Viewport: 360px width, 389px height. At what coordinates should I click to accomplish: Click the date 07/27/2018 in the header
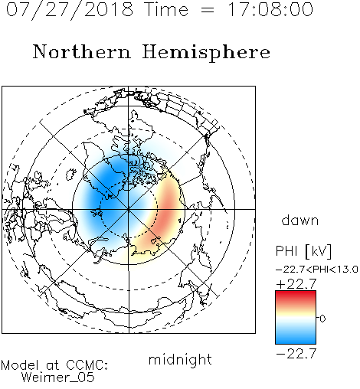70,10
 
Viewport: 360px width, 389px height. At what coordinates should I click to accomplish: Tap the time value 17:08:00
270,9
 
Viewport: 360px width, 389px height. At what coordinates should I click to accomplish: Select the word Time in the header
166,9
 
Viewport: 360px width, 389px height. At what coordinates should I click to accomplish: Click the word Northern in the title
81,51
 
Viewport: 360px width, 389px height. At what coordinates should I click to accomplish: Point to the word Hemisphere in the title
206,53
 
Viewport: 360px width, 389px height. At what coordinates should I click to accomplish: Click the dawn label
300,220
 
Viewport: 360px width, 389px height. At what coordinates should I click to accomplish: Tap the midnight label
180,359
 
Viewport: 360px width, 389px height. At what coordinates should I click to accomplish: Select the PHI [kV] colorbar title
303,251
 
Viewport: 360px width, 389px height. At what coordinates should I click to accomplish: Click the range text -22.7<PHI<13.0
317,270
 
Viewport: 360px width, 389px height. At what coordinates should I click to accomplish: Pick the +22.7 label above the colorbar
296,284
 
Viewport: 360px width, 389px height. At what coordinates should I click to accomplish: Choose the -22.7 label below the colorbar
296,354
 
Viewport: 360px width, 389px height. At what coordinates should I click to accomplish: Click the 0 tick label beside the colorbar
322,319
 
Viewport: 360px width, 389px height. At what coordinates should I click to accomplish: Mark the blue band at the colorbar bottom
296,339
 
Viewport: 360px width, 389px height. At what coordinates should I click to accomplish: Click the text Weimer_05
57,378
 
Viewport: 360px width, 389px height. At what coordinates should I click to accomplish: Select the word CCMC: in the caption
87,365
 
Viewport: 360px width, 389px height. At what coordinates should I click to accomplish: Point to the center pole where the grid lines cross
129,209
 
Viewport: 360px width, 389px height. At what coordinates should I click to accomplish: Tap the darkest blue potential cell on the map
109,178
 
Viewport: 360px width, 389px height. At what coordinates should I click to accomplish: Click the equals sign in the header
208,11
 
